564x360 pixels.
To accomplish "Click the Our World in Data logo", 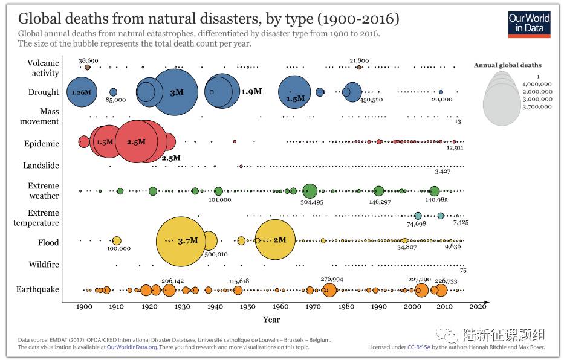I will click(529, 22).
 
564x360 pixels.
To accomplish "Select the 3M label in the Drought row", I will click(177, 92).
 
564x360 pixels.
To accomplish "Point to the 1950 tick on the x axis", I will click(247, 307).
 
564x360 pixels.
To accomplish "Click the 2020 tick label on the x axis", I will click(478, 307).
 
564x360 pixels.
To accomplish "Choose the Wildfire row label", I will click(44, 265).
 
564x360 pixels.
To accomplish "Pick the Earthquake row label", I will click(37, 289).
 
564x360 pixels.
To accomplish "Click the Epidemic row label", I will click(42, 143).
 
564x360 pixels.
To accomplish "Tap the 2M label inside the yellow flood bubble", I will click(279, 240).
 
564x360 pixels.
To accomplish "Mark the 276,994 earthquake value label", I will click(332, 279).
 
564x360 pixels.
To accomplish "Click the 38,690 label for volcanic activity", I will click(89, 60).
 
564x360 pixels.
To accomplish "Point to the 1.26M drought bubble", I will click(80, 92).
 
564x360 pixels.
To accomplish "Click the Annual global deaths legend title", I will click(508, 65).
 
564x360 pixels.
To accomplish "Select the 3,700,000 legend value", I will click(537, 106).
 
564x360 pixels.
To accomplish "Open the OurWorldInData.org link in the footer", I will click(132, 347).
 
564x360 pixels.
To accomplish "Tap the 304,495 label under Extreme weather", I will click(312, 202).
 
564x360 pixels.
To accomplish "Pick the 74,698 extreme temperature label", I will click(417, 223).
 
